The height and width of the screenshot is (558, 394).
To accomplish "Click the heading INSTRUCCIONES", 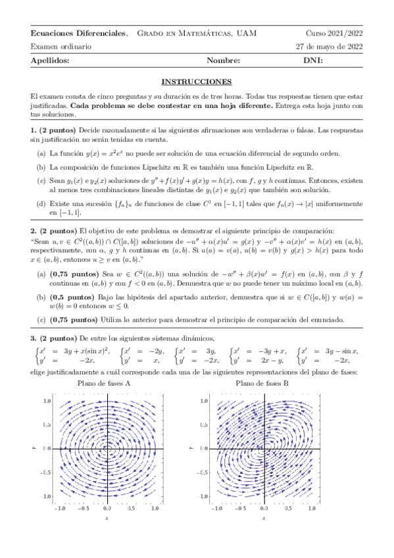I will (x=197, y=82).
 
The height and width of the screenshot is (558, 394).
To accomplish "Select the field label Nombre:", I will (x=224, y=61).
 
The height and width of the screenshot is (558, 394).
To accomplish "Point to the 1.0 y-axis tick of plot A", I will (x=47, y=400).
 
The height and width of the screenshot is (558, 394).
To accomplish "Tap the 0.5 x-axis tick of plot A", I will (x=130, y=508).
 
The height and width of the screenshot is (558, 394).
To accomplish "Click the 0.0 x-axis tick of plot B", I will (x=264, y=508).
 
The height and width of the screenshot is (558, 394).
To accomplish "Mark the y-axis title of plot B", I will (x=191, y=448).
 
